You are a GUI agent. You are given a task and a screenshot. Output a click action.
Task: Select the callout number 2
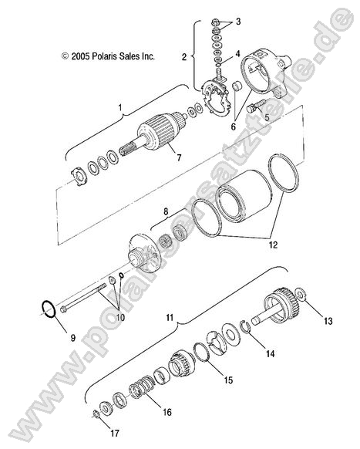tap(184, 56)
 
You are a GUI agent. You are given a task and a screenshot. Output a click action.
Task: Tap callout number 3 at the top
tap(238, 22)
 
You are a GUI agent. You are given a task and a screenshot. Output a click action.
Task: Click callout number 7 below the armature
tap(178, 159)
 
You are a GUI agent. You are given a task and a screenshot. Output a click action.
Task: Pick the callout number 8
tap(163, 211)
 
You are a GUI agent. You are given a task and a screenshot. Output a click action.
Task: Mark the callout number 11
tap(170, 317)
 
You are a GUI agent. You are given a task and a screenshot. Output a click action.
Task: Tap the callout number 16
tap(169, 414)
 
